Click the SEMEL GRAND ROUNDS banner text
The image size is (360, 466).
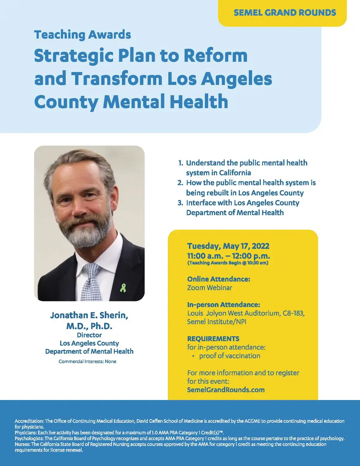coord(285,12)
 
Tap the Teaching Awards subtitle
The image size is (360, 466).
coord(82,35)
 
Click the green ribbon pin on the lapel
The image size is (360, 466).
coord(123,288)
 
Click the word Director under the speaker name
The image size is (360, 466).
coord(89,335)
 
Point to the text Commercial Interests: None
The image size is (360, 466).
coord(87,361)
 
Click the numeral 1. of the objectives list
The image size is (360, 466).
coord(180,163)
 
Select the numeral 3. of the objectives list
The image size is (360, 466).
coord(180,203)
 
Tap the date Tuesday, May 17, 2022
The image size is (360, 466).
coord(228,246)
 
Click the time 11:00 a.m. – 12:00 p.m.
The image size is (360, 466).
coord(228,256)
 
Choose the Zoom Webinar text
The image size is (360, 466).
coord(209,288)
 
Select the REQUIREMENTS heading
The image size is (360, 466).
coord(213,339)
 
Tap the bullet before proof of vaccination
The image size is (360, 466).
coord(193,356)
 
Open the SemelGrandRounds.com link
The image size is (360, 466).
coord(226,389)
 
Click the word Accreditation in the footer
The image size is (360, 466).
coord(29,421)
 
